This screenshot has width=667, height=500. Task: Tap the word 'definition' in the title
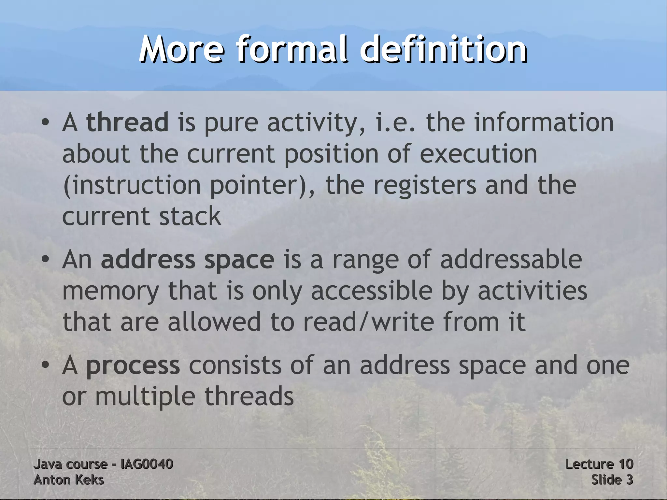click(443, 50)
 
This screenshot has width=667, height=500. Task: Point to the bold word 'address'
click(148, 260)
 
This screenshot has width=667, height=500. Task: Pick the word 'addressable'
click(511, 260)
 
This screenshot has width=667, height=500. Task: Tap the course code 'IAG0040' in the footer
click(147, 464)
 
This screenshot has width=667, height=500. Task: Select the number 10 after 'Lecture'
click(625, 464)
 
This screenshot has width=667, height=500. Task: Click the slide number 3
click(629, 480)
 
